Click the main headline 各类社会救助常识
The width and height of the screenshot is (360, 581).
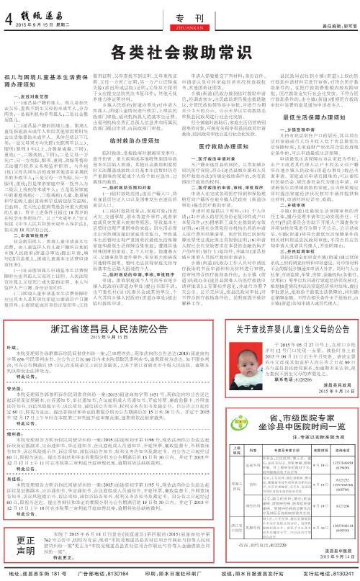[x=180, y=50]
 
